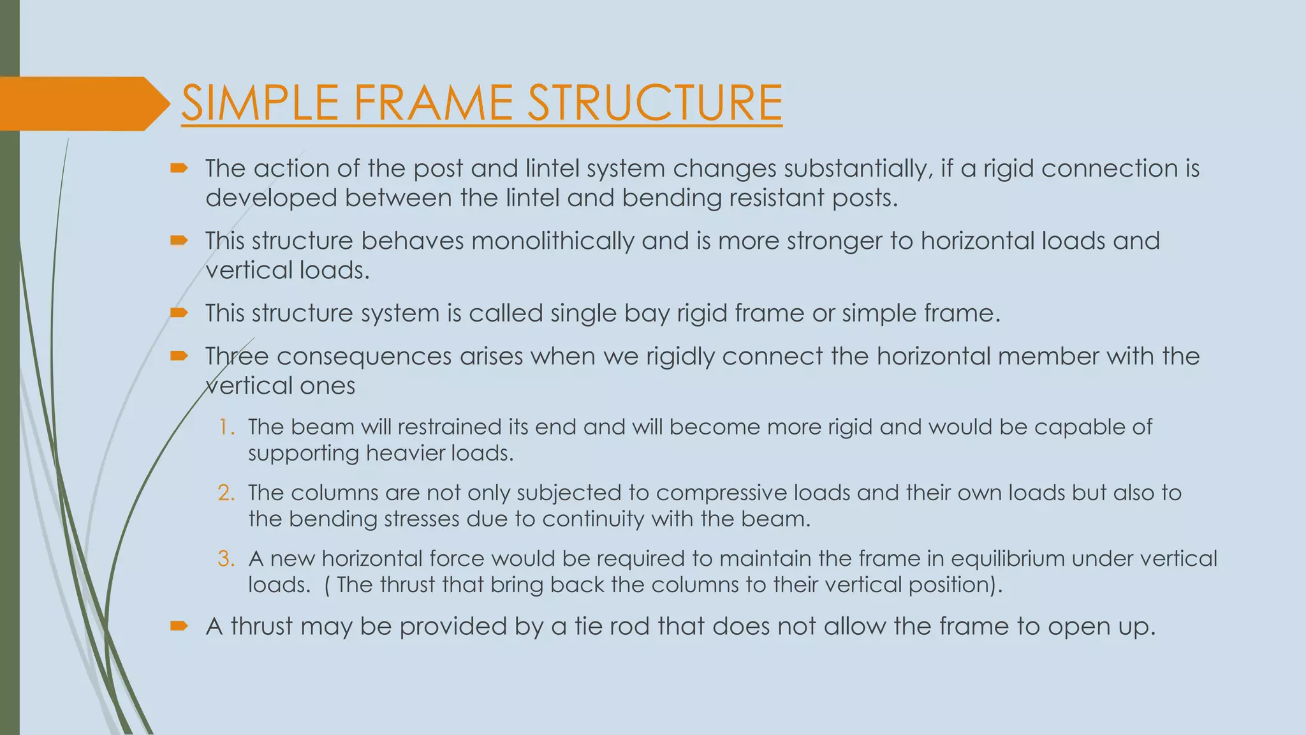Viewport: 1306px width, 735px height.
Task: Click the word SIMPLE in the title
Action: [x=260, y=103]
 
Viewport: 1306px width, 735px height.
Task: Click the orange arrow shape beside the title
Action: [x=83, y=103]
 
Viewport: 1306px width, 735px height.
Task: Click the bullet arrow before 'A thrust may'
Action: [x=179, y=626]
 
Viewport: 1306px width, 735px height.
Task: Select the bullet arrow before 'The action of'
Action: [x=179, y=168]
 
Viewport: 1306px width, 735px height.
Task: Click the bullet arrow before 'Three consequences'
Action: [x=179, y=356]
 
